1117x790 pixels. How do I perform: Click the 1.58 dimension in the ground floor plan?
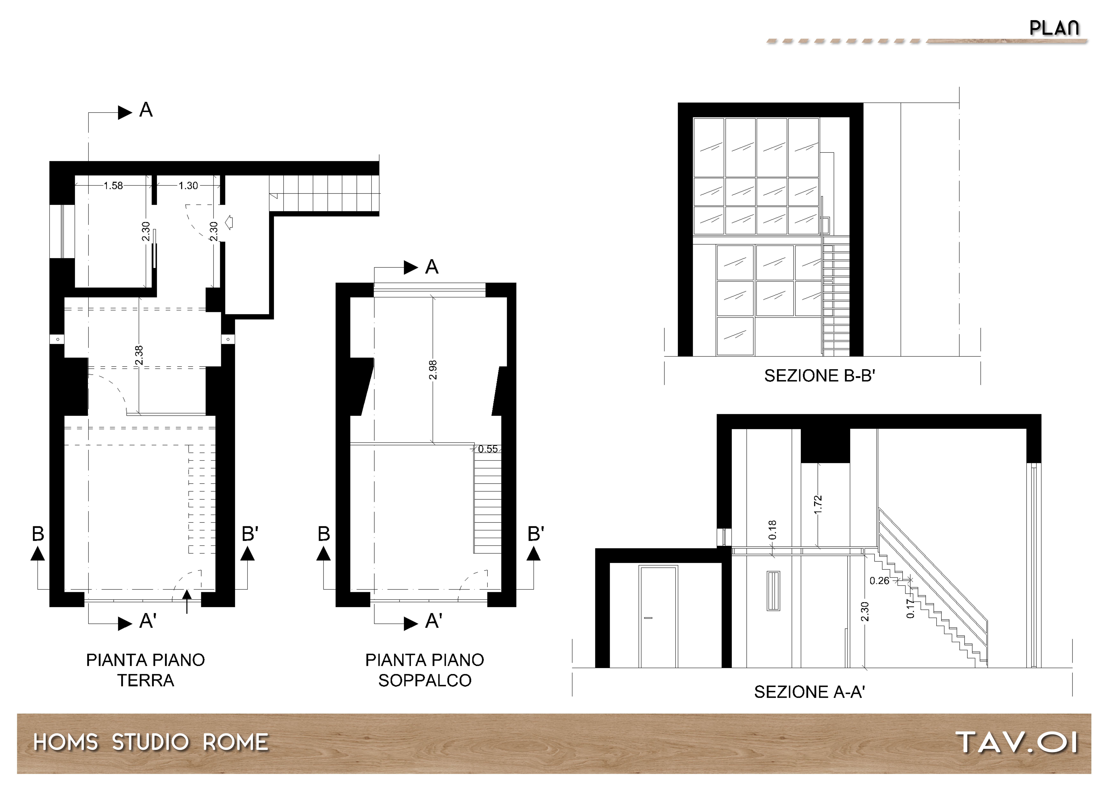pos(113,186)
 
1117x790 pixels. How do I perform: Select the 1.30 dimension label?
pos(188,186)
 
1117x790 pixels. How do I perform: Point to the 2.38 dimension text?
pos(139,355)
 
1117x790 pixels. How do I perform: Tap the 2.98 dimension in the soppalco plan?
pos(433,370)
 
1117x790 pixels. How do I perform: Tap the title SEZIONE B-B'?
pos(820,376)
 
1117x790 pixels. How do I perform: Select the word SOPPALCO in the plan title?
pos(425,680)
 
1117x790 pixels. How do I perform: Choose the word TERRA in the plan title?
pos(146,680)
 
